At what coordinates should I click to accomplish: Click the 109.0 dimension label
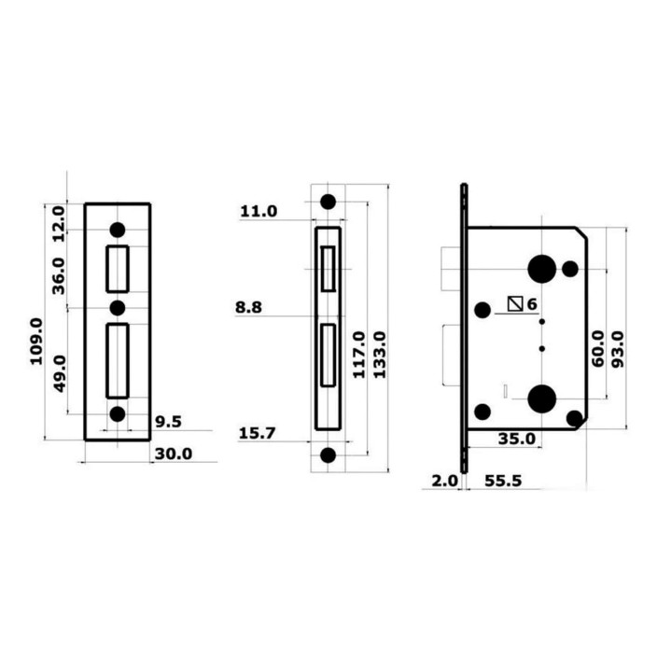(37, 341)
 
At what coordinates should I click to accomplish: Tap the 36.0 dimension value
(59, 276)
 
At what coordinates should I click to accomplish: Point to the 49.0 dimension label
(61, 373)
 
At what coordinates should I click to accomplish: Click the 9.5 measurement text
(168, 422)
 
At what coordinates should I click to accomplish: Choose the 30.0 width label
(174, 454)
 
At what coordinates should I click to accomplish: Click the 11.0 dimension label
(259, 211)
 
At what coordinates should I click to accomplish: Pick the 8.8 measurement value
(248, 307)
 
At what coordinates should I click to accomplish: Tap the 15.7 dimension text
(258, 433)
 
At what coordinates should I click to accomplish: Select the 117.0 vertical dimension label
(359, 355)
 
